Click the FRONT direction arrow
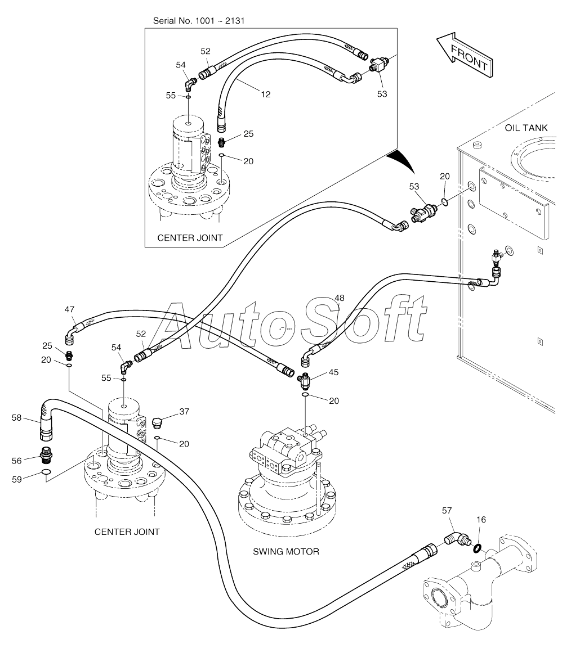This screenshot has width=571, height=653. tap(465, 55)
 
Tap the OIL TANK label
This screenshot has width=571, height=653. tap(526, 128)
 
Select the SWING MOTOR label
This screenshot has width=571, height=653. tap(285, 551)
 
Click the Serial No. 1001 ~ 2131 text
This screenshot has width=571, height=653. tap(199, 21)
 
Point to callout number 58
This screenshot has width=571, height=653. tap(16, 417)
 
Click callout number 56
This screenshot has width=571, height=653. tap(16, 461)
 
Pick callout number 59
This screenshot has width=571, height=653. tap(16, 479)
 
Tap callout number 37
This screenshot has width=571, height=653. tap(184, 412)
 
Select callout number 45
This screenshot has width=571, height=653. tap(334, 372)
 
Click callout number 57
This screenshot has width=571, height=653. tap(447, 511)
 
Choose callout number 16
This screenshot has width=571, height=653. tap(481, 520)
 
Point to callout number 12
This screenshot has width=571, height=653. tap(266, 94)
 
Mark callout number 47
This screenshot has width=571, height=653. tap(69, 309)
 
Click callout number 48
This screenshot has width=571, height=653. tap(340, 298)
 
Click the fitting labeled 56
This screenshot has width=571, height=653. tap(46, 455)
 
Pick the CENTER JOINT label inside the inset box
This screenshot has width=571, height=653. tap(190, 238)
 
